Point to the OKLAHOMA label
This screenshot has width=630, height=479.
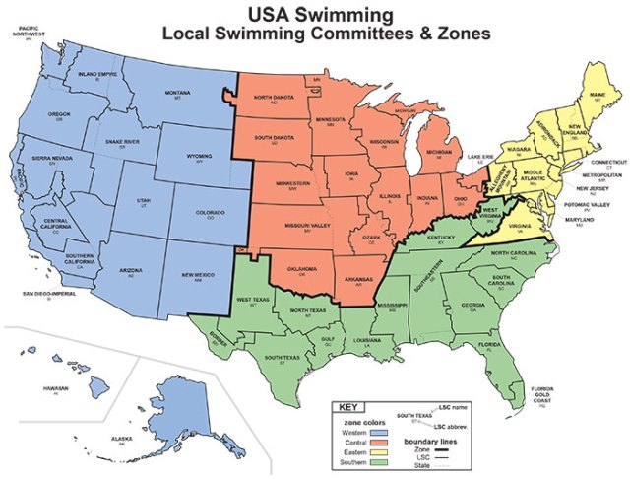pyautogui.click(x=300, y=267)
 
